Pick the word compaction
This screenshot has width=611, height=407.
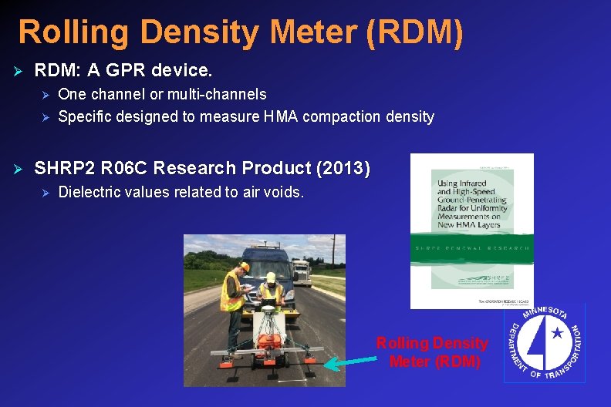342,117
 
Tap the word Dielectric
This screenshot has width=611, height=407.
91,192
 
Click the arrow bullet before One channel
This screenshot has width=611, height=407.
45,95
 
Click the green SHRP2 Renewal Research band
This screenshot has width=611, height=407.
471,247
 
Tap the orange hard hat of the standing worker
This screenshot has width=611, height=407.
245,266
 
